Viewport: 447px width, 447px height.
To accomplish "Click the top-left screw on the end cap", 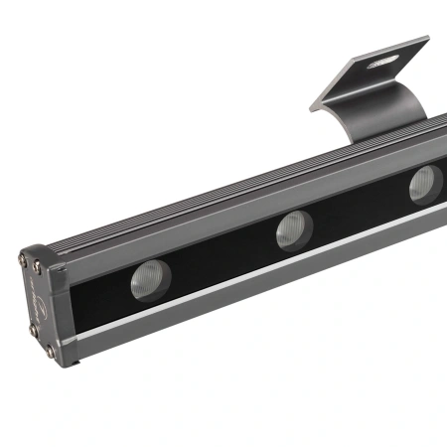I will tap(24, 260).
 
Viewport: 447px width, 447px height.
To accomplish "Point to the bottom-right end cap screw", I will tap(50, 349).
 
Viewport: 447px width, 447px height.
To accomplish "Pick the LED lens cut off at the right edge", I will tap(425, 183).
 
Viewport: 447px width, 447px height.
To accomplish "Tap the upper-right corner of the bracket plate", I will tap(426, 40).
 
